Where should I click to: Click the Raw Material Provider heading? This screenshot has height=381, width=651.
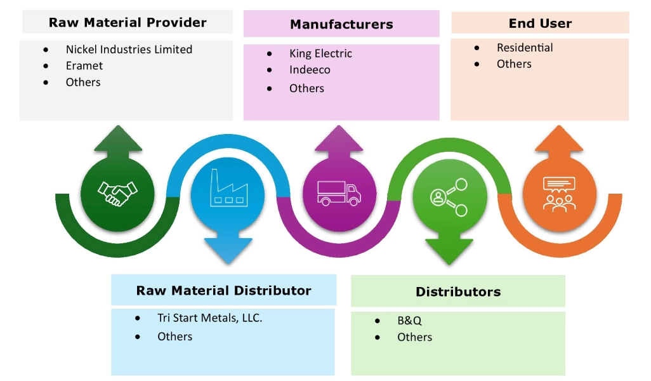coord(128,23)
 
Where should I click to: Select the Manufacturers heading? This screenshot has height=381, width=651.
coord(341,25)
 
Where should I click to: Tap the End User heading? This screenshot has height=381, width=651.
coord(540,23)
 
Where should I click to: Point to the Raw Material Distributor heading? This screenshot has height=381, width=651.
coord(223,291)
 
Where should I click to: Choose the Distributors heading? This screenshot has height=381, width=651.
coord(458,292)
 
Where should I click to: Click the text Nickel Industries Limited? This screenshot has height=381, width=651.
coord(129,50)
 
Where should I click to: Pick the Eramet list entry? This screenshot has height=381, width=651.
coord(84,65)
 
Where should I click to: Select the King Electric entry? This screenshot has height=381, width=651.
coord(320,54)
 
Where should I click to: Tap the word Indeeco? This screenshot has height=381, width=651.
coord(310,70)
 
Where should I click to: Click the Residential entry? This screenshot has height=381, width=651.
coord(525,48)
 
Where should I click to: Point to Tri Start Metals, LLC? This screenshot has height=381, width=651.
coord(209,318)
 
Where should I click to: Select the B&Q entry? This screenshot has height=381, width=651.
coord(409,321)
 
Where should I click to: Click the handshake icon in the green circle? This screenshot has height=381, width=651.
coord(117,192)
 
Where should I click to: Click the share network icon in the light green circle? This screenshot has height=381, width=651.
coord(449,196)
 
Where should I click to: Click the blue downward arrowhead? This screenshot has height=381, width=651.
coord(228,252)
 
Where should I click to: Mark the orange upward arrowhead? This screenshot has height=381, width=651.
coord(558,139)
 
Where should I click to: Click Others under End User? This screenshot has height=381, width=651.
coord(514,64)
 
